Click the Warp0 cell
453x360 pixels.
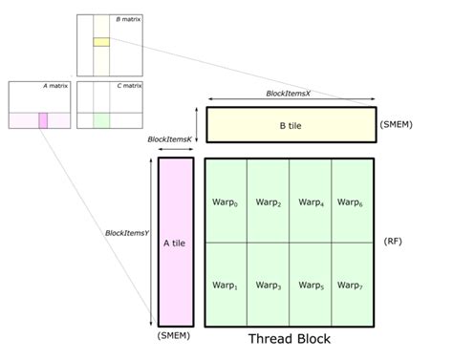[226, 201]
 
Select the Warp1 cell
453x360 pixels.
[226, 285]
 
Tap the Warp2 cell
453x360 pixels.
[269, 201]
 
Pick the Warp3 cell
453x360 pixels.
[269, 285]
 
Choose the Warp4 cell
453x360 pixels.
[311, 201]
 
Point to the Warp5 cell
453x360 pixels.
[311, 285]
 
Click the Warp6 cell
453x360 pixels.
[353, 201]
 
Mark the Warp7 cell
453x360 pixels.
[353, 285]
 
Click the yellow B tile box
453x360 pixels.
[291, 124]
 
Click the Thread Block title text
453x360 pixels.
[290, 339]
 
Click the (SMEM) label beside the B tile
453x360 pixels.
[398, 124]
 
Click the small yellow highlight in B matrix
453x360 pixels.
[101, 42]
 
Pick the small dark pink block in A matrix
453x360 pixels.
[43, 119]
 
